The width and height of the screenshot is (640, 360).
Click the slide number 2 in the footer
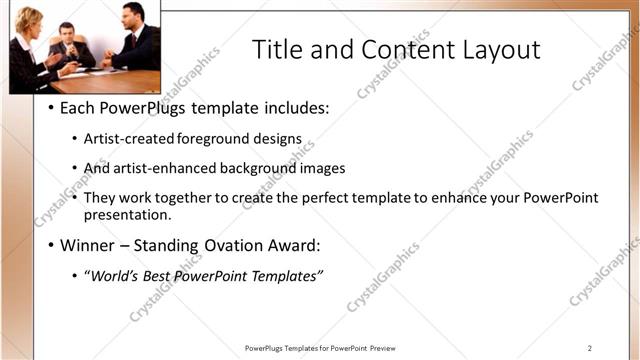click(x=590, y=348)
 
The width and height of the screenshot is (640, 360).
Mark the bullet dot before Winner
click(x=51, y=245)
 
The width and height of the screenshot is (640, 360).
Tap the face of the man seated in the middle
click(x=67, y=32)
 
